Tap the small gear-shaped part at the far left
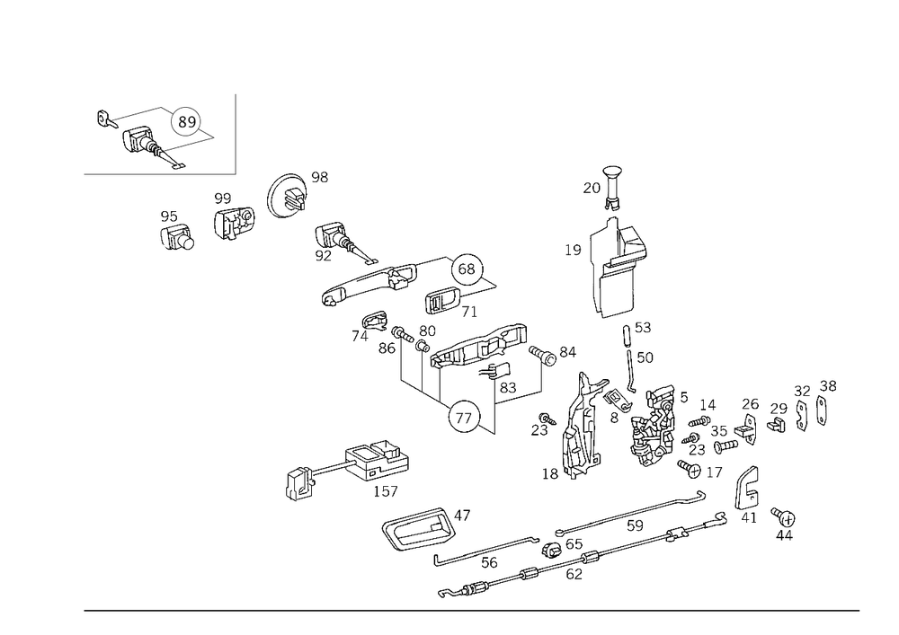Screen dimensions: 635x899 176,234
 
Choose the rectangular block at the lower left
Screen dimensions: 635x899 375,463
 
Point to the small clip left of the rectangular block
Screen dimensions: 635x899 300,481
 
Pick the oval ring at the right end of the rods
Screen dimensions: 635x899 745,493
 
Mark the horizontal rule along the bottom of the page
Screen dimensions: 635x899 472,609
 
